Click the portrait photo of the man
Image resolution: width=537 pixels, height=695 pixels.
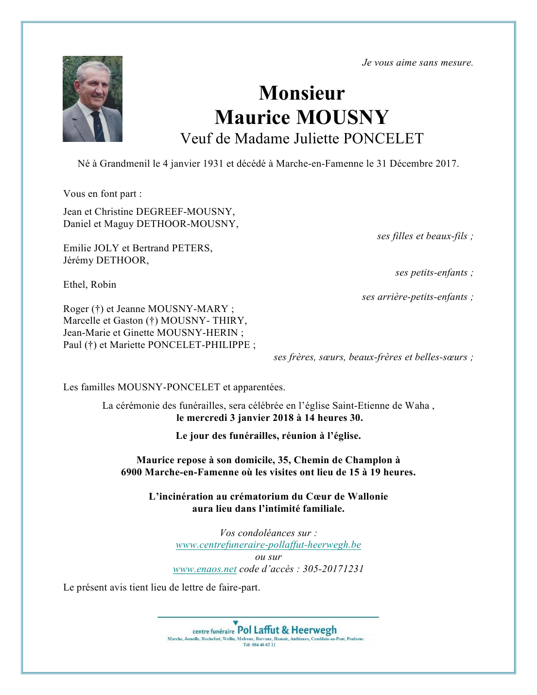pos(92,99)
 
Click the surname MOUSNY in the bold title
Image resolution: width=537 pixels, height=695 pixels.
pos(343,117)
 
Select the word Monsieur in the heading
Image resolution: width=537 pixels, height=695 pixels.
pos(302,93)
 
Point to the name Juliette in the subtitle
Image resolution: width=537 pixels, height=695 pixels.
pos(316,139)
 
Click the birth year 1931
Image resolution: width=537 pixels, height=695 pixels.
pos(213,163)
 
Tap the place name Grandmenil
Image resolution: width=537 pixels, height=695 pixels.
pos(125,163)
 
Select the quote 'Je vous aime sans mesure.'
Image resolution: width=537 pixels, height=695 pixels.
pos(417,62)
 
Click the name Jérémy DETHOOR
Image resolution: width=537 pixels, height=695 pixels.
pos(106,260)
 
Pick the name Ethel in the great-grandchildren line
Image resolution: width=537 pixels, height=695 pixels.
pos(74,284)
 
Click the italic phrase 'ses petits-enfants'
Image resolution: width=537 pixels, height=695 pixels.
pos(432,272)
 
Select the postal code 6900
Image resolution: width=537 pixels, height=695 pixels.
pos(132,472)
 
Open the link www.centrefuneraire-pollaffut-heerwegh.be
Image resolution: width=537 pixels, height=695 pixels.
pos(268,544)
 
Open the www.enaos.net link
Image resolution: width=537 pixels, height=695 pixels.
pos(205,569)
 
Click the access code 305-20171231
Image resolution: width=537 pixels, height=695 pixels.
pos(333,569)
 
